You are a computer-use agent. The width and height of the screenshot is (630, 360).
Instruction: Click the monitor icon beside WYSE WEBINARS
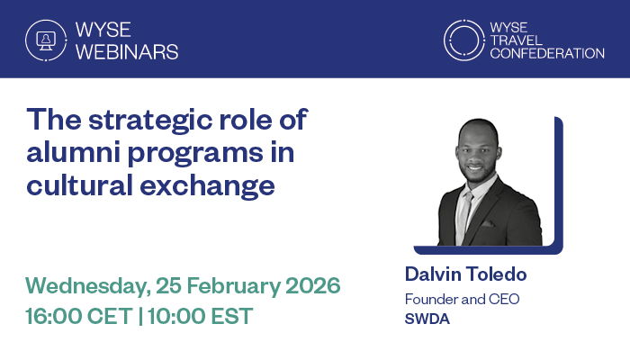coord(41,39)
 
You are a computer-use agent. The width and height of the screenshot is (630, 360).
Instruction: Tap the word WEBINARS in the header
coord(127,51)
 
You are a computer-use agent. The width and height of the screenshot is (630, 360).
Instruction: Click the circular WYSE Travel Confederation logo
coord(464,40)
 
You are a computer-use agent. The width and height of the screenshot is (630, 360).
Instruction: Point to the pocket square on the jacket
coord(489,222)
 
